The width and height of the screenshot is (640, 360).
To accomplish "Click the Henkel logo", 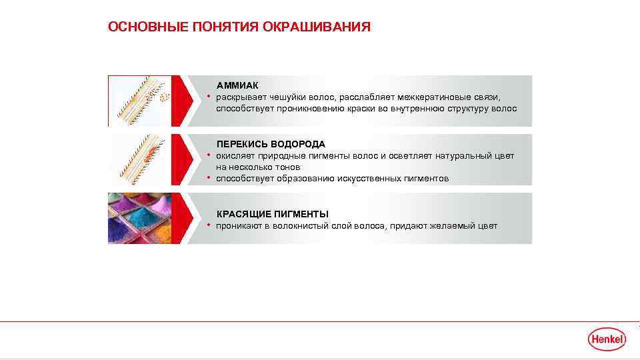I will [x=607, y=339].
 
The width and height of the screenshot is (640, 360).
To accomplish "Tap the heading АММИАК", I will [x=238, y=86].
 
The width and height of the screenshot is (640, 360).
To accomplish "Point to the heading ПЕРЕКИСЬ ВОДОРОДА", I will [x=271, y=144].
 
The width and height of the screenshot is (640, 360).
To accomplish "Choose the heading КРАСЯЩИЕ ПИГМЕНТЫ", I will [x=273, y=214].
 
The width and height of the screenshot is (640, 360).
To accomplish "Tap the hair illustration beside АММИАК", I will [x=139, y=101].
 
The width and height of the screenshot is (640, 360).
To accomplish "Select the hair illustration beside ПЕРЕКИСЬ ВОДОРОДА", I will [x=139, y=160].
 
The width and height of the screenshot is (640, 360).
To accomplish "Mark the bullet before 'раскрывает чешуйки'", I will [x=209, y=97].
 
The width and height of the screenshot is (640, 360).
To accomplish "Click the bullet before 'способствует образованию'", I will [x=209, y=179].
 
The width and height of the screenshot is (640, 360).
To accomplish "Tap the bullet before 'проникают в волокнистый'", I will [x=209, y=226].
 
